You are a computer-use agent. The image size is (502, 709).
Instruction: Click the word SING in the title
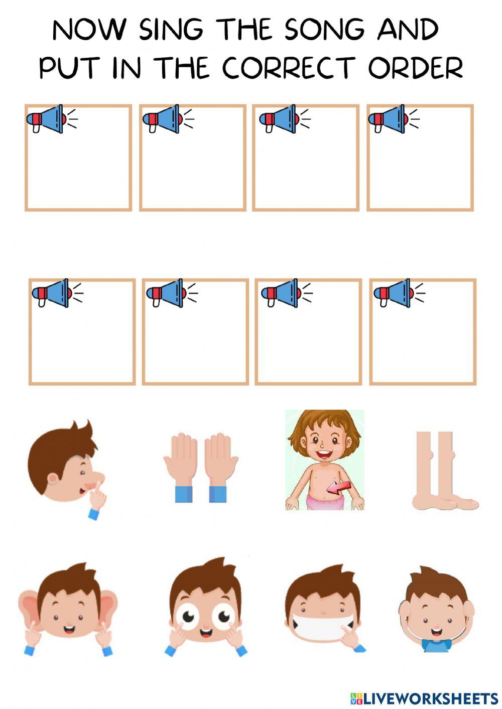pos(171,30)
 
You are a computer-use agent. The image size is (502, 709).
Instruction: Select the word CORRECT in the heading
pos(288,68)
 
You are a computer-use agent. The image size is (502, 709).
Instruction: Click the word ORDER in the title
pos(415,68)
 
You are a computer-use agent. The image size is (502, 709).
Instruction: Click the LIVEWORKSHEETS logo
pos(424,698)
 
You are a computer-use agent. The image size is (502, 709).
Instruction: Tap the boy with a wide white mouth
pos(324,610)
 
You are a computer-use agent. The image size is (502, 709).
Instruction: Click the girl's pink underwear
pos(324,500)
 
